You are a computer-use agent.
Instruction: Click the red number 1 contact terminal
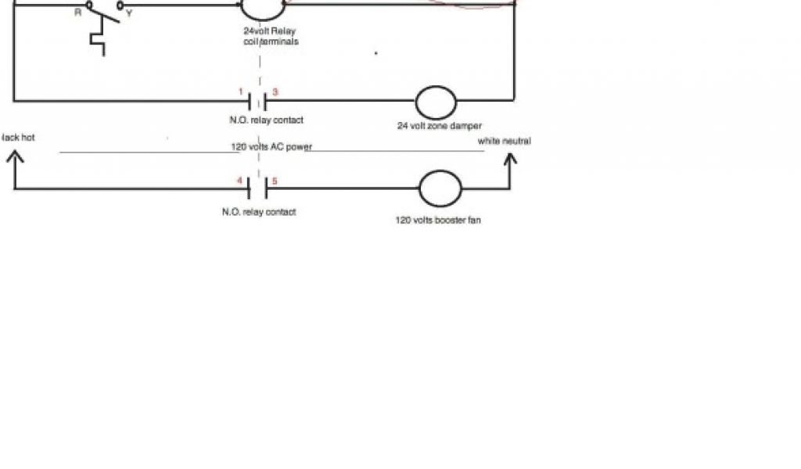click(242, 91)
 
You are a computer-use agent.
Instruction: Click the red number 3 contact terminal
click(275, 91)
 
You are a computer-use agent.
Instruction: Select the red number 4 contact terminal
click(239, 181)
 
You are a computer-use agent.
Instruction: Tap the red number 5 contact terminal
click(275, 181)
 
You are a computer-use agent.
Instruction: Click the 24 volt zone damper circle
click(435, 102)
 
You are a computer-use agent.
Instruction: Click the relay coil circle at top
click(261, 6)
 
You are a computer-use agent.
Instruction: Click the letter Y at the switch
click(128, 13)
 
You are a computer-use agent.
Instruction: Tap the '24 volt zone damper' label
click(439, 125)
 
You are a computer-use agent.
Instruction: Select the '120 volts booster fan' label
click(438, 220)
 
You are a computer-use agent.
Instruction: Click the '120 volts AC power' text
click(271, 146)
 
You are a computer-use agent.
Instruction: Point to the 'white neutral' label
click(505, 141)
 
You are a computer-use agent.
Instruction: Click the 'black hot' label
click(17, 138)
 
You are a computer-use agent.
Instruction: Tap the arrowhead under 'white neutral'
click(510, 159)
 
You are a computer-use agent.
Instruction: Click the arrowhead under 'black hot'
click(15, 157)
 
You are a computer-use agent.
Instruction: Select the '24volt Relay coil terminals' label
click(271, 36)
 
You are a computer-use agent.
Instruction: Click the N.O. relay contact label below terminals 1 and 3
click(260, 120)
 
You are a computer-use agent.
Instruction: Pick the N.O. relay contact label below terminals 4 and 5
click(259, 212)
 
